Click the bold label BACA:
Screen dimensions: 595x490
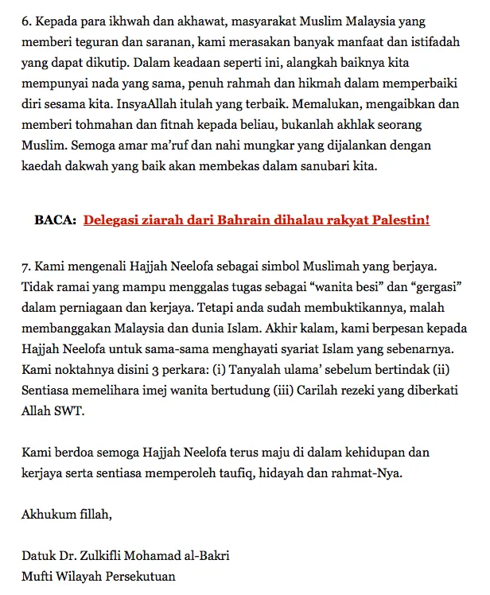(x=55, y=220)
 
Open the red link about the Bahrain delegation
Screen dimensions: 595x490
(x=256, y=220)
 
